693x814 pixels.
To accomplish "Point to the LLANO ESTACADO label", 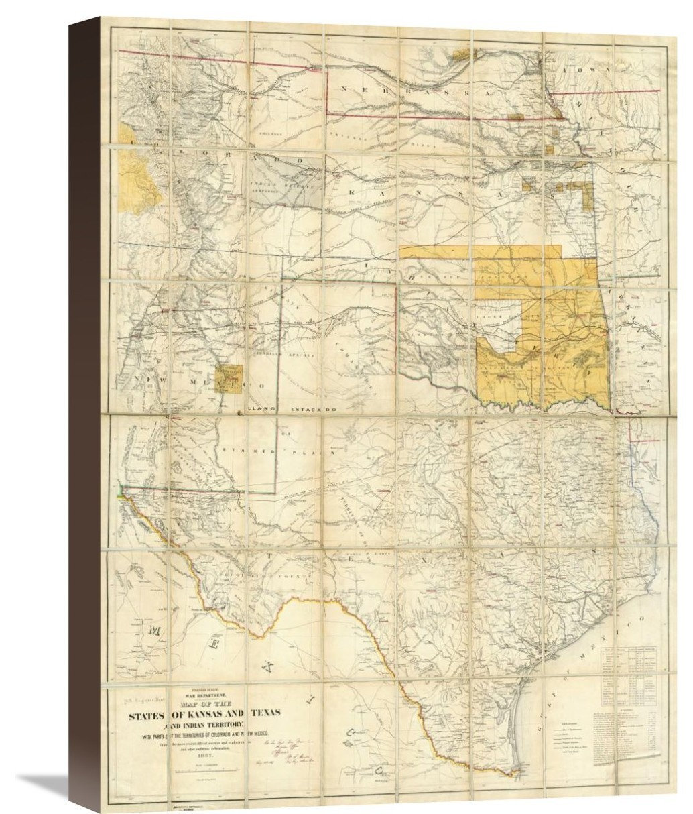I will pyautogui.click(x=290, y=408).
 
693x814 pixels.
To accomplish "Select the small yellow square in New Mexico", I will pyautogui.click(x=230, y=378).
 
